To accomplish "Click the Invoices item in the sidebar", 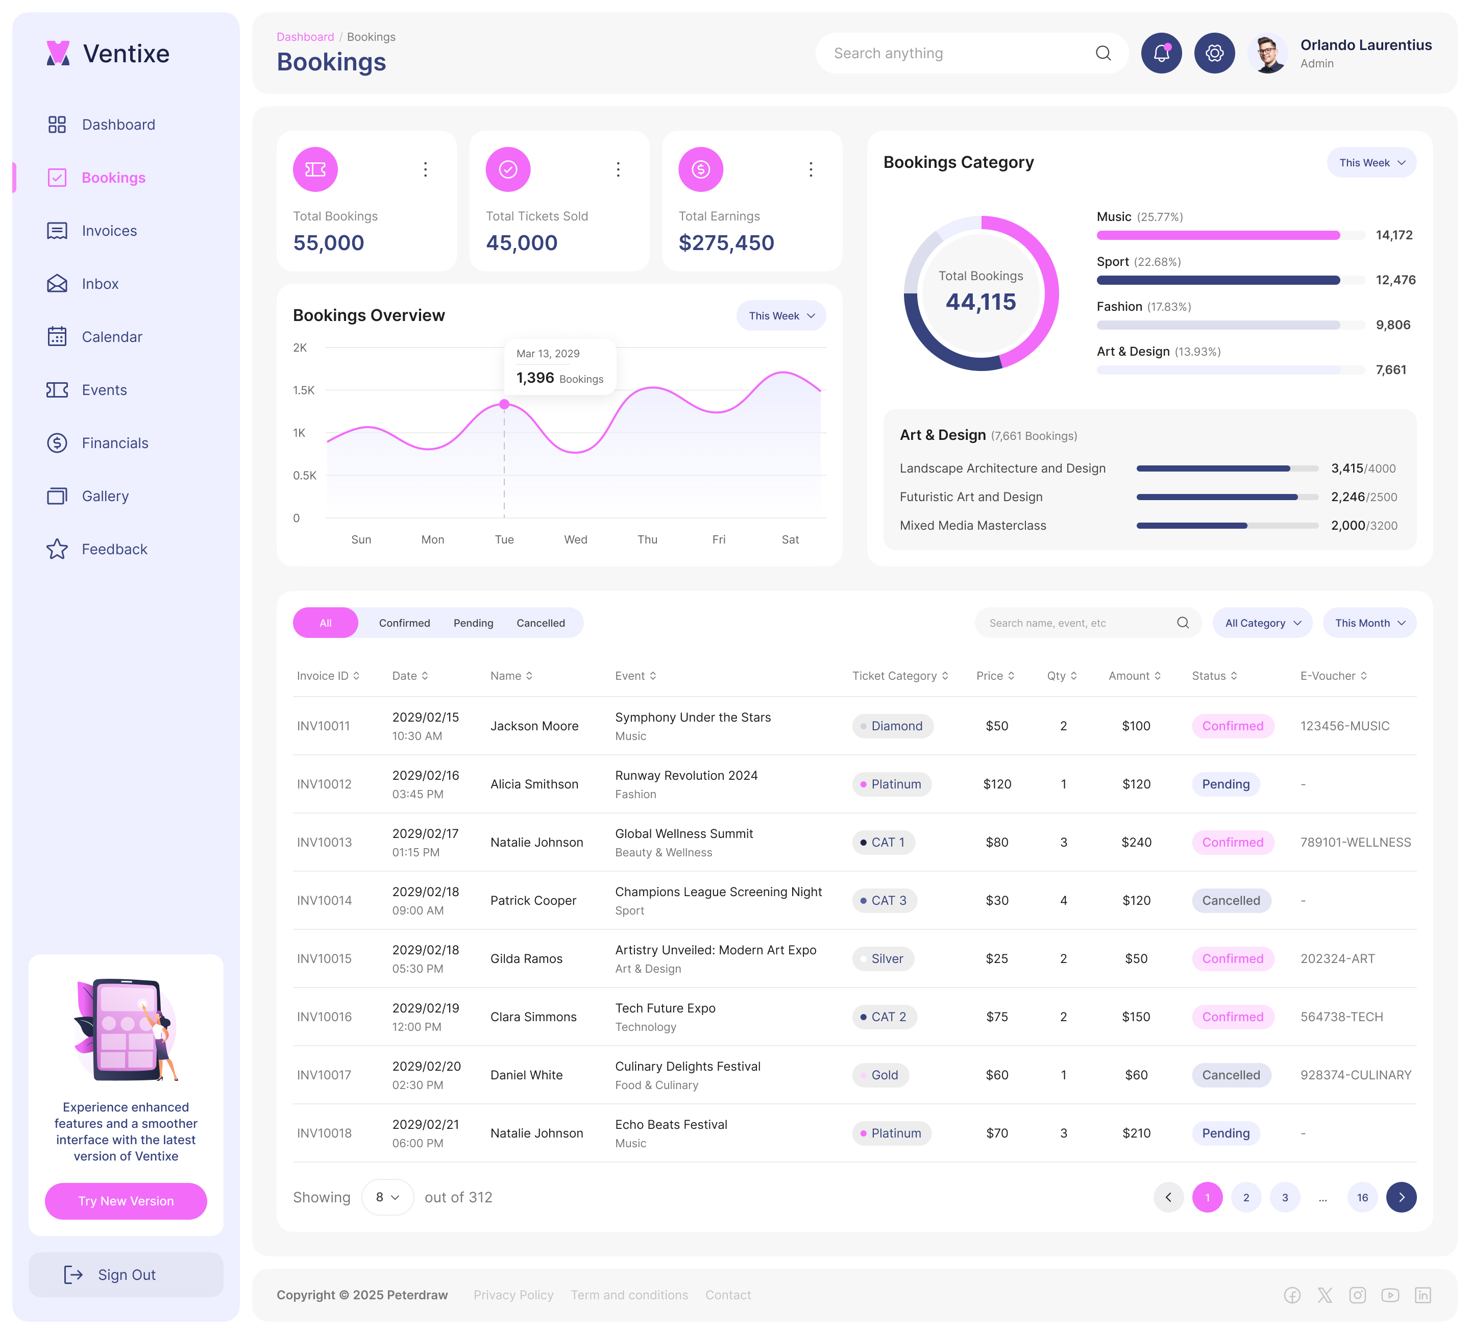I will point(109,231).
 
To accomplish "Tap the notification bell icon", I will point(1161,53).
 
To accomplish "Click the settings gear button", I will point(1214,53).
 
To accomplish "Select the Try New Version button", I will point(126,1201).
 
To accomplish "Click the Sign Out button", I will point(126,1274).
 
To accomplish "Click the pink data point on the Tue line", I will point(504,404).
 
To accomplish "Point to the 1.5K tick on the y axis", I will point(303,390).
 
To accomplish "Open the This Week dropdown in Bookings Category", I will point(1371,163).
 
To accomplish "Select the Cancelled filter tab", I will point(541,623).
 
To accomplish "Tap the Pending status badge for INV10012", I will point(1225,784).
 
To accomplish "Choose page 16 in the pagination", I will point(1361,1197).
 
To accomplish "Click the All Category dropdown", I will point(1261,623).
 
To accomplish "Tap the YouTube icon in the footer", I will point(1390,1295).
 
